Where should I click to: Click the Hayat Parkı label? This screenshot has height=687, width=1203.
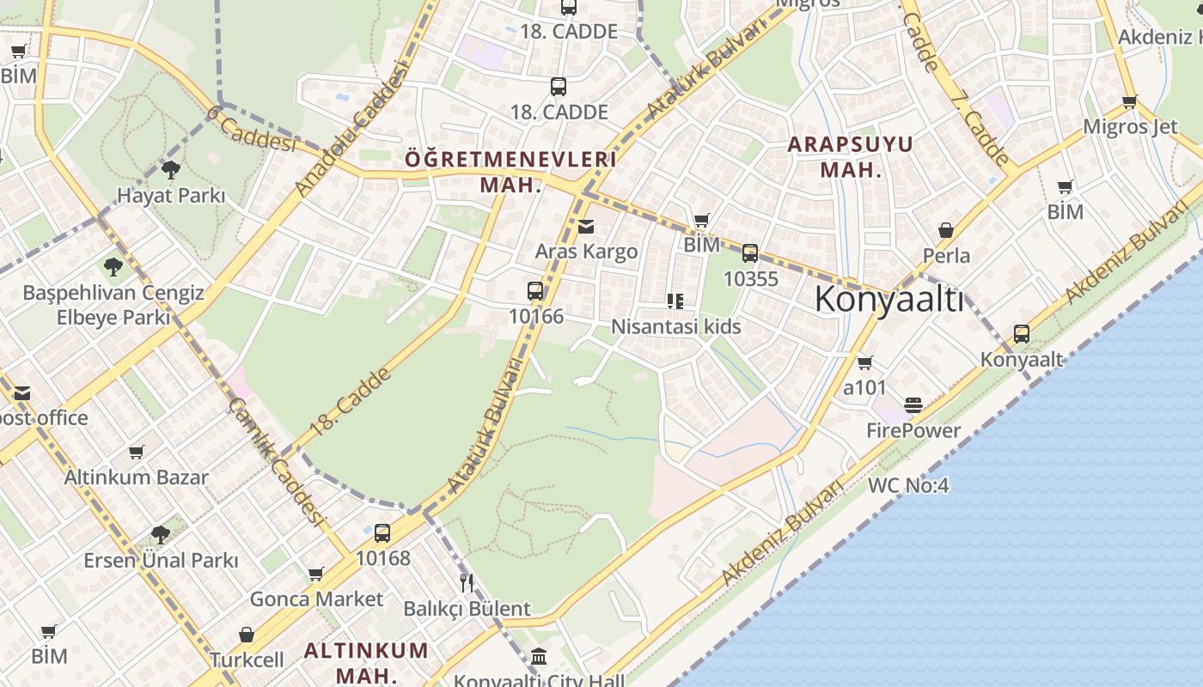tap(171, 196)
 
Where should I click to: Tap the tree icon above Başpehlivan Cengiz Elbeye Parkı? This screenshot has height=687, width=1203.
tap(113, 267)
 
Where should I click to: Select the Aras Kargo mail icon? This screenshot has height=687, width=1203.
tap(586, 227)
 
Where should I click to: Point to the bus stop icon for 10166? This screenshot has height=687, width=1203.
tap(535, 291)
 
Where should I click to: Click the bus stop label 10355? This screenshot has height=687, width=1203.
tap(750, 278)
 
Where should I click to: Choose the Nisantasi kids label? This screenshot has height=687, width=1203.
tap(675, 326)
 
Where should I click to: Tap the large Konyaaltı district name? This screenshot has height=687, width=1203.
tap(889, 300)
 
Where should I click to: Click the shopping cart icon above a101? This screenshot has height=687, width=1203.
tap(864, 362)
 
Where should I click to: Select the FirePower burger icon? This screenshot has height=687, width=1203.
tap(913, 405)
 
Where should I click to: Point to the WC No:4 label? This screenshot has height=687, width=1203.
tap(907, 485)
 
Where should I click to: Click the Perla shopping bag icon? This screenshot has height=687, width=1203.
tap(946, 230)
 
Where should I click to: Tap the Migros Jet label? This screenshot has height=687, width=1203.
tap(1130, 127)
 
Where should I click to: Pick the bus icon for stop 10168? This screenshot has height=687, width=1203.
tap(382, 532)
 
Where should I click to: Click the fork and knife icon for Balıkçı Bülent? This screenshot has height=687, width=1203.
tap(467, 583)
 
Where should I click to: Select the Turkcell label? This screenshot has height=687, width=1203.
tap(247, 660)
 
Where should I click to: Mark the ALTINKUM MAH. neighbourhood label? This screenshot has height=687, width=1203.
tap(366, 661)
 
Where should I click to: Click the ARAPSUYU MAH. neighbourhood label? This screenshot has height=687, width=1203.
tap(850, 156)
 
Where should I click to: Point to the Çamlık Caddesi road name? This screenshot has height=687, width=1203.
tap(277, 461)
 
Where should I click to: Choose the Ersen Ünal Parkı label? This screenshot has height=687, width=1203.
tap(161, 561)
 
